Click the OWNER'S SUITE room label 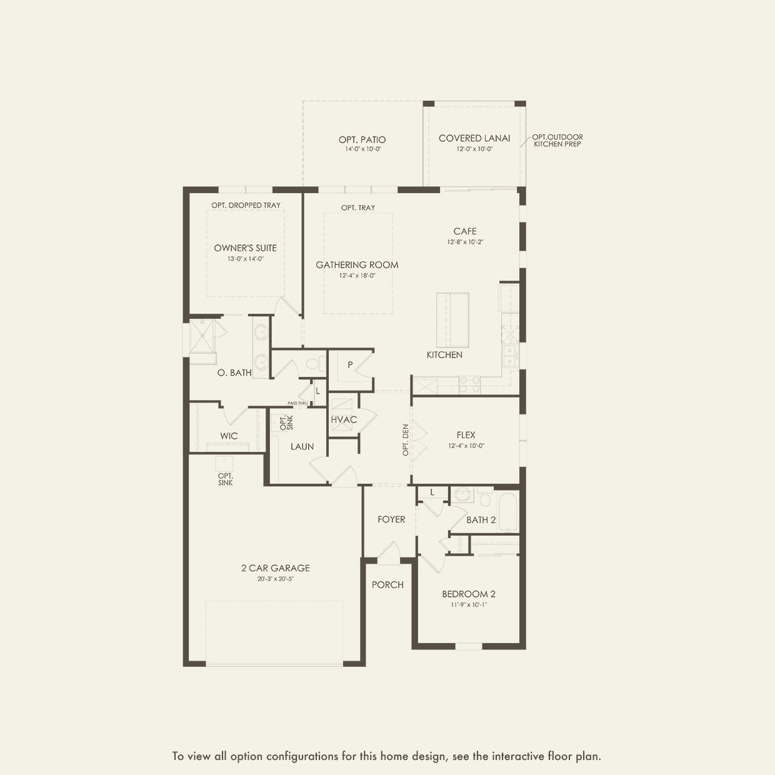(246, 248)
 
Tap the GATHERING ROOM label (357, 265)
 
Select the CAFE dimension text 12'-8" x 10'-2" (465, 242)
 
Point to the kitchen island (453, 320)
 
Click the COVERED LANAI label (474, 138)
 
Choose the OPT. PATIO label (362, 140)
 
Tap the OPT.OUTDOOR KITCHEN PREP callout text (557, 141)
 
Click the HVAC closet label (344, 420)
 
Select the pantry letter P (350, 365)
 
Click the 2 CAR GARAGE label (276, 568)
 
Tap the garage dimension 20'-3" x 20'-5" (276, 579)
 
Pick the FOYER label (391, 519)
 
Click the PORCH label (387, 585)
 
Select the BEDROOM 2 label (469, 594)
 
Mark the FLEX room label (466, 435)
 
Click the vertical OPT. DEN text (406, 440)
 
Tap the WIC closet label (229, 436)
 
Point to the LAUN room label (302, 447)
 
